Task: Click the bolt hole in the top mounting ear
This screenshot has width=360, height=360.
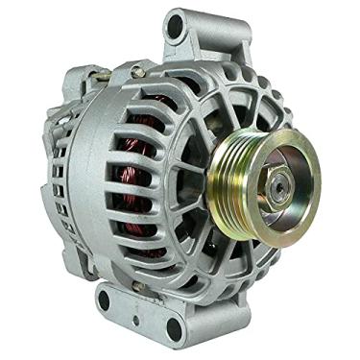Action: [175, 26]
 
